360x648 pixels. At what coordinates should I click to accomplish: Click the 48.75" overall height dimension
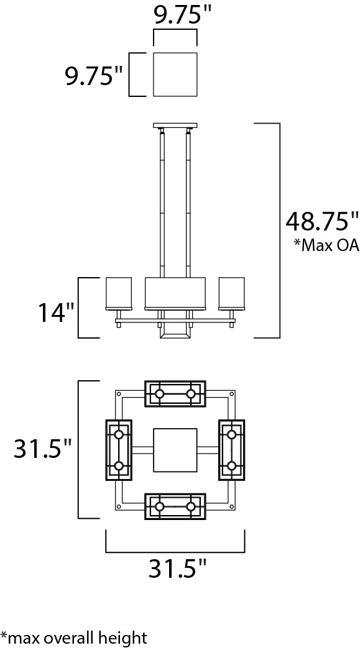pyautogui.click(x=322, y=222)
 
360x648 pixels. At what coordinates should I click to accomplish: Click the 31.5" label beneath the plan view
pyautogui.click(x=177, y=570)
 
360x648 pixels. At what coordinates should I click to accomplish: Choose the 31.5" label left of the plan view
pyautogui.click(x=43, y=449)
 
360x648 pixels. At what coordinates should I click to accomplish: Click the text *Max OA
pyautogui.click(x=326, y=245)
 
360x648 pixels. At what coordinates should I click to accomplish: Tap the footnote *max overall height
pyautogui.click(x=73, y=637)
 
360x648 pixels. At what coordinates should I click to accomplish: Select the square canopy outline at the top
pyautogui.click(x=175, y=75)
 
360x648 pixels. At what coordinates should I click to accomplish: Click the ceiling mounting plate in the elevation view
pyautogui.click(x=175, y=125)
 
